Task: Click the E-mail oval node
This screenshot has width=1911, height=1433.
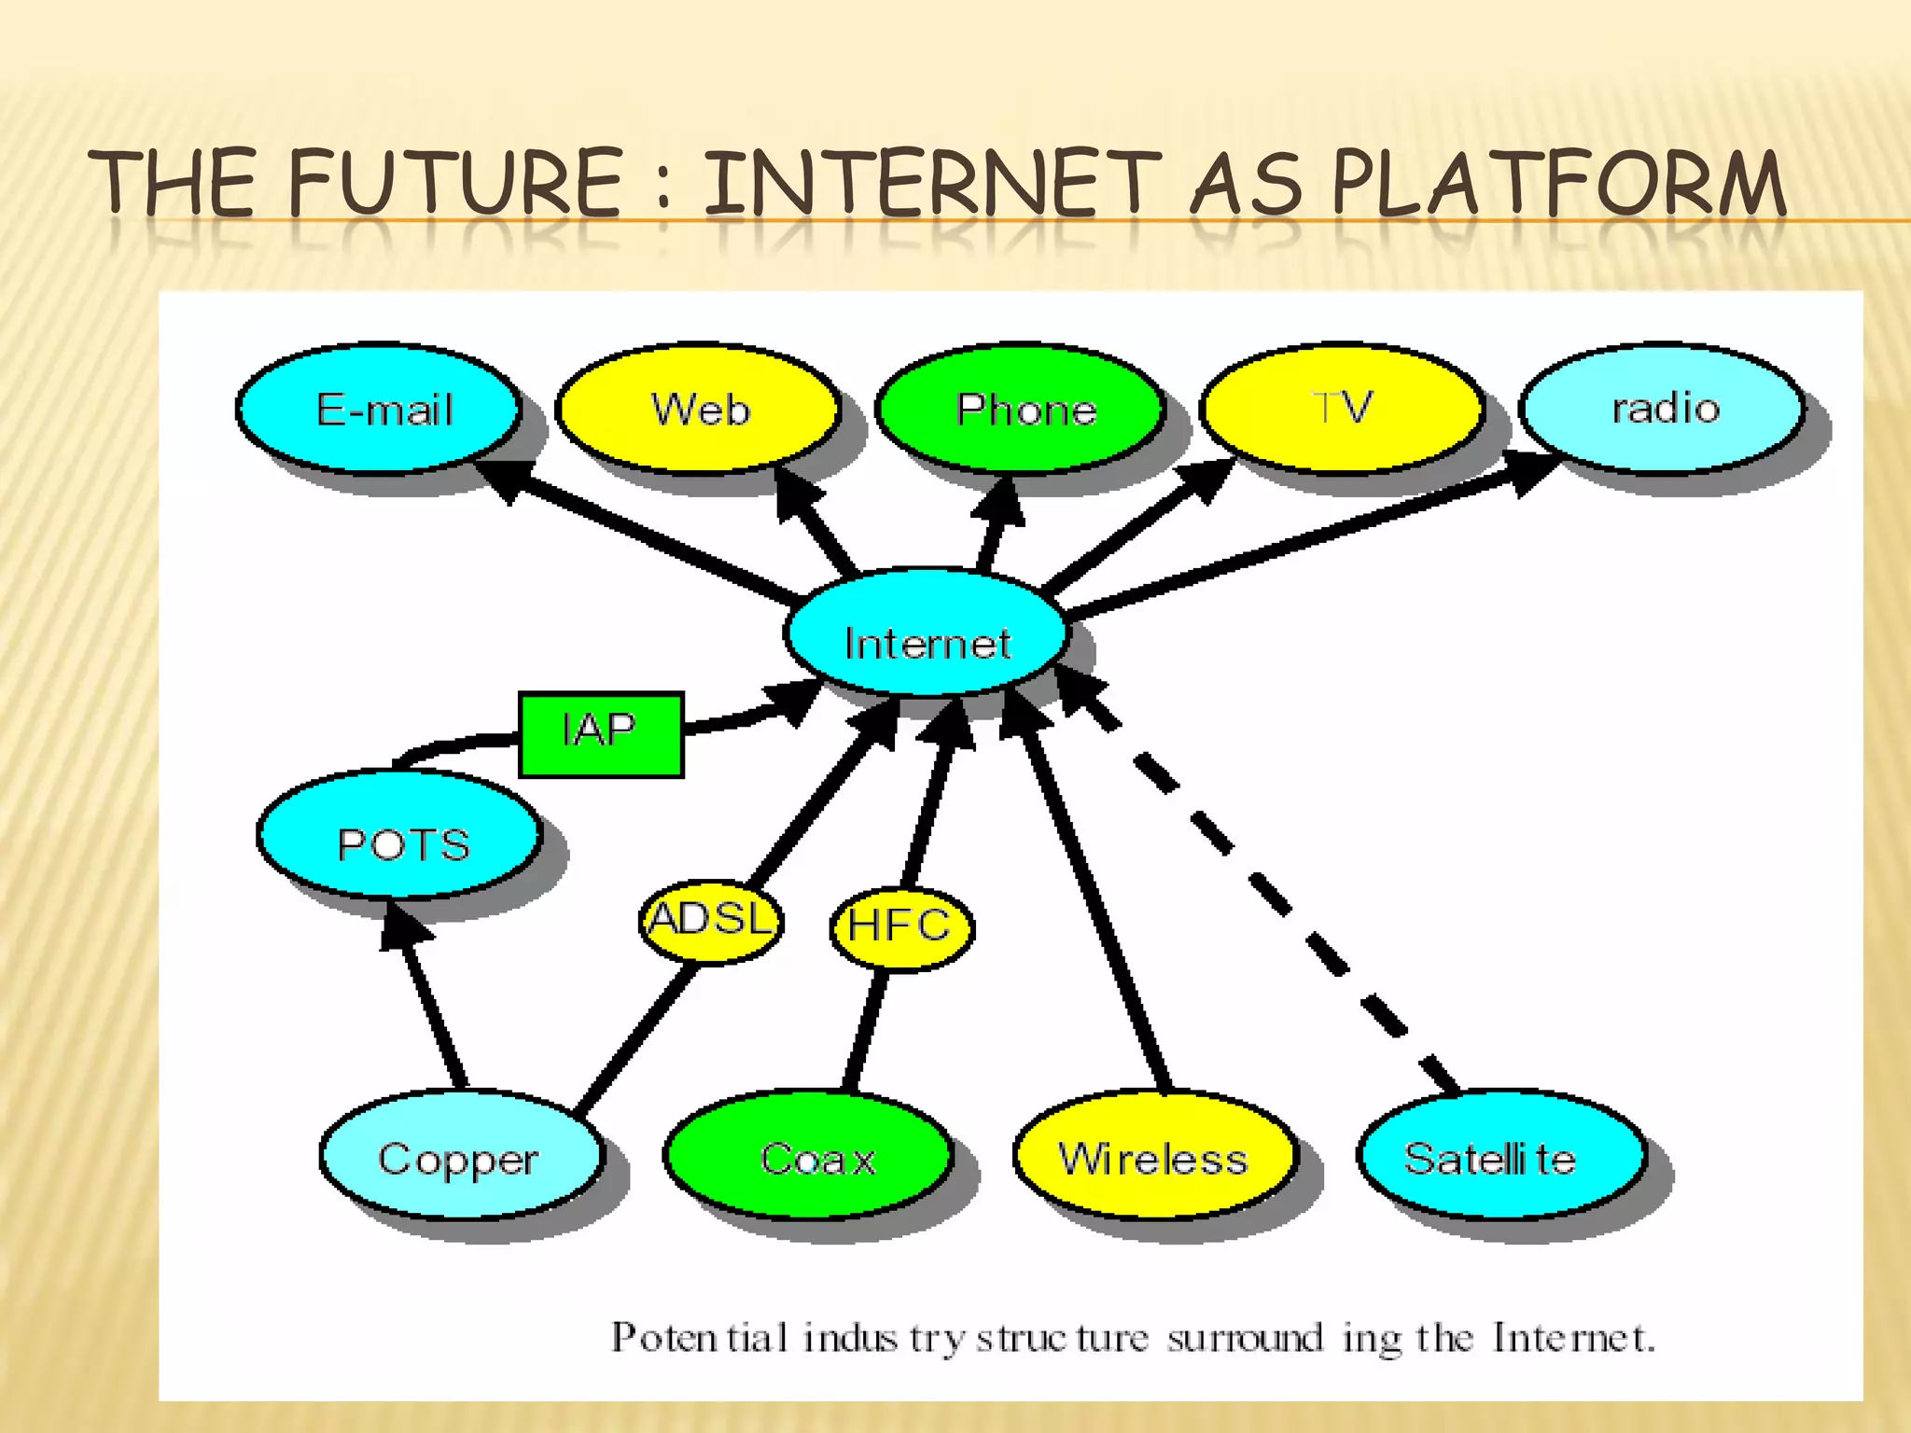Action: coord(379,409)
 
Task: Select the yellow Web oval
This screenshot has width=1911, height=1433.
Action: coord(698,409)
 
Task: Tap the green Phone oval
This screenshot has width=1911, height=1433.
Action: coord(1022,409)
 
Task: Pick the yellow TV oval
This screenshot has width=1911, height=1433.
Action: coord(1342,407)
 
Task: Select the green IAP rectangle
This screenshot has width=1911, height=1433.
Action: coord(601,734)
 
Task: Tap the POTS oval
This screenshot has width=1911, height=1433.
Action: coord(400,835)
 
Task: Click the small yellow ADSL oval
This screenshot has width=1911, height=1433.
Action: coord(711,921)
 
